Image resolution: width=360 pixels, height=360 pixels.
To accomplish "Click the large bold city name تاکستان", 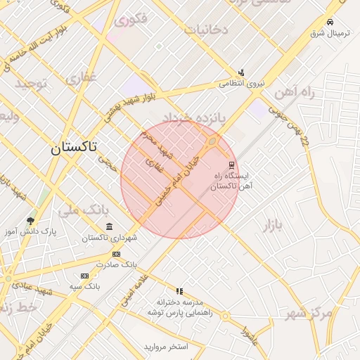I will pos(73,148).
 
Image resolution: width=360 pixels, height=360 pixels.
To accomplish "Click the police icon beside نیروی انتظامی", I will pos(241,72).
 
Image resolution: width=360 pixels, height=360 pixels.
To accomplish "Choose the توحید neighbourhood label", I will pos(31,84).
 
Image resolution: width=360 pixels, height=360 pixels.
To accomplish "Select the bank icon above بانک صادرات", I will pos(115,254).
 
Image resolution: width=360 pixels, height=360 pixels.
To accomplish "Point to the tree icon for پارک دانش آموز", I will pos(30,220).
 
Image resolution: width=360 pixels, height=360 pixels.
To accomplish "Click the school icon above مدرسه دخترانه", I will pos(179,290).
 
